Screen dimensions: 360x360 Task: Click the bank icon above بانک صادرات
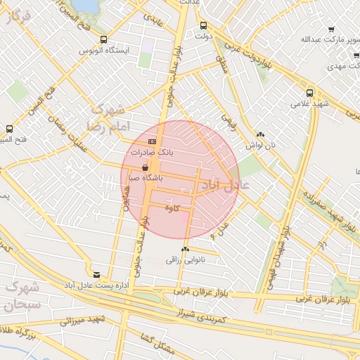153,141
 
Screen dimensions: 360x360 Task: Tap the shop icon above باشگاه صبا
146,168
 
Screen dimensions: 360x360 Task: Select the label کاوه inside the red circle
172,208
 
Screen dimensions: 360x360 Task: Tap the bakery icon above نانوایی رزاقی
185,250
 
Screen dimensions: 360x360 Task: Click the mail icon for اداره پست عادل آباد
96,274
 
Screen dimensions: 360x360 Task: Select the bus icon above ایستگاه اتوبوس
104,40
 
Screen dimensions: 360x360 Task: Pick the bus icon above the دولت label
204,25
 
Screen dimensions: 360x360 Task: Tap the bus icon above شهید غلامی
309,93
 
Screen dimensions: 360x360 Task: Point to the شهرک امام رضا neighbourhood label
105,117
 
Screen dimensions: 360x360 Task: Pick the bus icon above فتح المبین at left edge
10,129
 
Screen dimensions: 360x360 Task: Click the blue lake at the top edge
85,4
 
